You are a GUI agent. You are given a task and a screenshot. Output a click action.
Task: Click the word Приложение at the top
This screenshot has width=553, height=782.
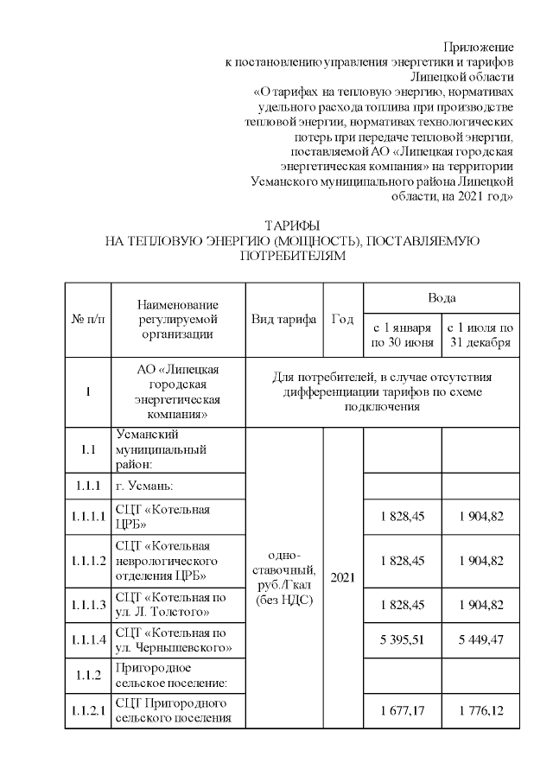[478, 46]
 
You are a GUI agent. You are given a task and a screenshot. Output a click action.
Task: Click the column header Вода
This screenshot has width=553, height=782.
[442, 297]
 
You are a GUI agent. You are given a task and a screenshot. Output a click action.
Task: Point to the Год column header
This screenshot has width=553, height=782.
[343, 319]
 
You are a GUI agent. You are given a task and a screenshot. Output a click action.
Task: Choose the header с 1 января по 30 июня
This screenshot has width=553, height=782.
[402, 335]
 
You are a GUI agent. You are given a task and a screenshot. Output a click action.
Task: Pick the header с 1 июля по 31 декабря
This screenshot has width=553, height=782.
[480, 335]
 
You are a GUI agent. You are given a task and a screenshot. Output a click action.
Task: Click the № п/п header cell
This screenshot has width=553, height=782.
[87, 319]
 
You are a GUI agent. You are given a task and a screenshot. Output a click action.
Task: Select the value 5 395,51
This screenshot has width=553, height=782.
[403, 639]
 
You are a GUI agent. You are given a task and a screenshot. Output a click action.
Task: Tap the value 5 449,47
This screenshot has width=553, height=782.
[480, 639]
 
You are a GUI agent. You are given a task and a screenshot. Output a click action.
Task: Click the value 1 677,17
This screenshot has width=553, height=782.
[403, 710]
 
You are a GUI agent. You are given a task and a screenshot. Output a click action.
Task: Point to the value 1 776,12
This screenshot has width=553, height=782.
[480, 710]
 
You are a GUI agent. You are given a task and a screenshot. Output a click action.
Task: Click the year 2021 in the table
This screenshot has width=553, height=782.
[343, 576]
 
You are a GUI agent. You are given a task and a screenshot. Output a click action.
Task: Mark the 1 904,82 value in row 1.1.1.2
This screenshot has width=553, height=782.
[480, 561]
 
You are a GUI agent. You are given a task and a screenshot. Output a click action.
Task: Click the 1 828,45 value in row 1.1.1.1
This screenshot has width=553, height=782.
[403, 517]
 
